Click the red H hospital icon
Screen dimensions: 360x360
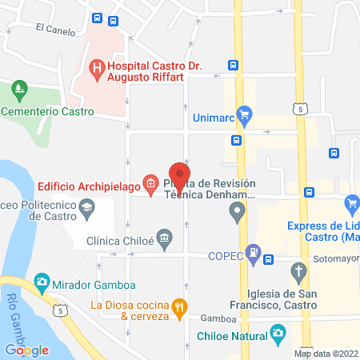coord(96,69)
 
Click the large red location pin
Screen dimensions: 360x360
coord(179,176)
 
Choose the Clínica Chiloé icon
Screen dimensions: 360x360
coord(165,238)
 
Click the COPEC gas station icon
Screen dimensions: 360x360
coord(253,253)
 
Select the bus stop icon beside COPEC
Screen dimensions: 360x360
coord(270,258)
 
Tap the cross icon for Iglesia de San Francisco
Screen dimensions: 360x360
coord(298,271)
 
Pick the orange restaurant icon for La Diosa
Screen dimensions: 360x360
coord(181,305)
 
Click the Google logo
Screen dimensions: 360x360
coord(26,350)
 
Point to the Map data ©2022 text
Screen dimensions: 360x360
coord(326,354)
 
